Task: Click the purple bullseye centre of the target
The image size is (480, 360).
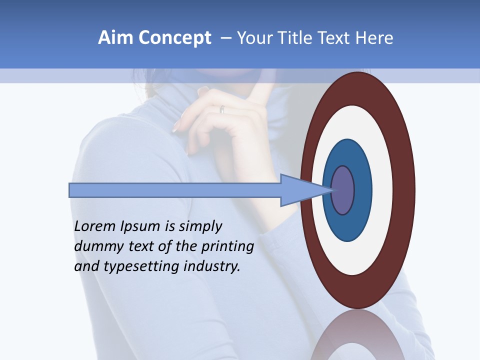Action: (x=343, y=190)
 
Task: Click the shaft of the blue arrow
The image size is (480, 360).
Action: (x=175, y=190)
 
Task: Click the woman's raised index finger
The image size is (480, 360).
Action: (x=260, y=95)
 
